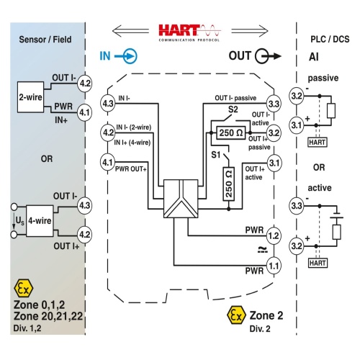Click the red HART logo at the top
pyautogui.click(x=189, y=33)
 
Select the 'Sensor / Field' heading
pyautogui.click(x=45, y=40)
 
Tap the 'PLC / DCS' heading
pyautogui.click(x=330, y=39)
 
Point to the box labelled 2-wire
pyautogui.click(x=30, y=97)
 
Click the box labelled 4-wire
pyautogui.click(x=40, y=221)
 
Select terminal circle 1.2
pyautogui.click(x=274, y=235)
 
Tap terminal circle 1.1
pyautogui.click(x=274, y=266)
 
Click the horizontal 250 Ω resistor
pyautogui.click(x=231, y=132)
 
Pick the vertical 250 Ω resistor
pyautogui.click(x=229, y=184)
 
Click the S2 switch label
pyautogui.click(x=233, y=109)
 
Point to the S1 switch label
pyautogui.click(x=215, y=155)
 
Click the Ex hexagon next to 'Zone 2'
pyautogui.click(x=236, y=315)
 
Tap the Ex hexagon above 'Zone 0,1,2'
pyautogui.click(x=24, y=288)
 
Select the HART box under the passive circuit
pyautogui.click(x=318, y=143)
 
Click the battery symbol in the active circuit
pyautogui.click(x=336, y=215)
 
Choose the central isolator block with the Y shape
pyautogui.click(x=181, y=199)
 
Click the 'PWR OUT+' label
pyautogui.click(x=131, y=169)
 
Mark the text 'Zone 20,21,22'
pyautogui.click(x=48, y=316)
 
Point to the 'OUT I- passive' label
pyautogui.click(x=235, y=98)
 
